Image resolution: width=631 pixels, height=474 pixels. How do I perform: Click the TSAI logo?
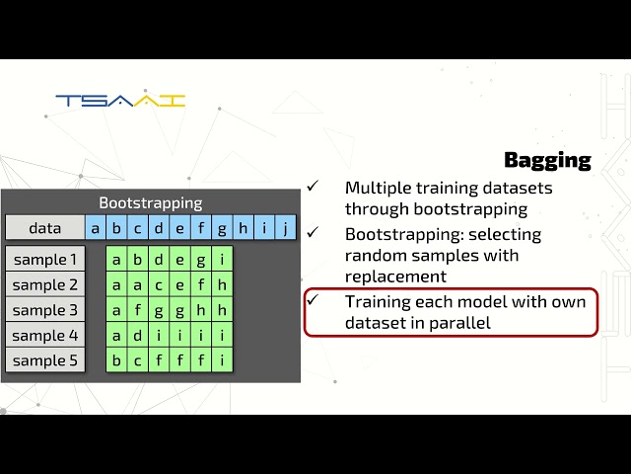[x=120, y=101]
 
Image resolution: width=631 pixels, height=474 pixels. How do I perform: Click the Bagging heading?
[x=547, y=160]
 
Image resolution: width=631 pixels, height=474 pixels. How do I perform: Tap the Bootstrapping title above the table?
[x=150, y=202]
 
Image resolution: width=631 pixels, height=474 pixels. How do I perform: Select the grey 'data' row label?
[x=44, y=228]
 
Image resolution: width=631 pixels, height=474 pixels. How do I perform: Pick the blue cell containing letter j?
[x=285, y=228]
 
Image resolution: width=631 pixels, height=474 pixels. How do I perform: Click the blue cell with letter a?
[x=96, y=228]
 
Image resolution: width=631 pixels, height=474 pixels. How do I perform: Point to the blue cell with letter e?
[x=179, y=228]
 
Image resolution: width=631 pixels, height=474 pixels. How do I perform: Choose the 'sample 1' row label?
[x=44, y=260]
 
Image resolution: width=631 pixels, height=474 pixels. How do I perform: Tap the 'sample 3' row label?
[x=44, y=310]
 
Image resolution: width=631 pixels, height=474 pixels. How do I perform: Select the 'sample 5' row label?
[x=44, y=360]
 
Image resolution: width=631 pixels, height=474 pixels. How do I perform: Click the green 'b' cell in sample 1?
[x=138, y=260]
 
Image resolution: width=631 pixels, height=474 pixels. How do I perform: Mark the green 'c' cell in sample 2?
[x=159, y=285]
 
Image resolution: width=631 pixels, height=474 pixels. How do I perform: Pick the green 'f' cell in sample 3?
[x=138, y=310]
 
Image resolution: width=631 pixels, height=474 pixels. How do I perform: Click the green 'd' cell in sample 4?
[x=138, y=336]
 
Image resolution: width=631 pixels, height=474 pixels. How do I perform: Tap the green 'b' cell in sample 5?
[x=117, y=360]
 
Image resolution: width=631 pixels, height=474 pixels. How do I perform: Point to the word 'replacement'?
[x=395, y=276]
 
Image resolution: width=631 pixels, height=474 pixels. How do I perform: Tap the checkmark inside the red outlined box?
[x=313, y=299]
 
